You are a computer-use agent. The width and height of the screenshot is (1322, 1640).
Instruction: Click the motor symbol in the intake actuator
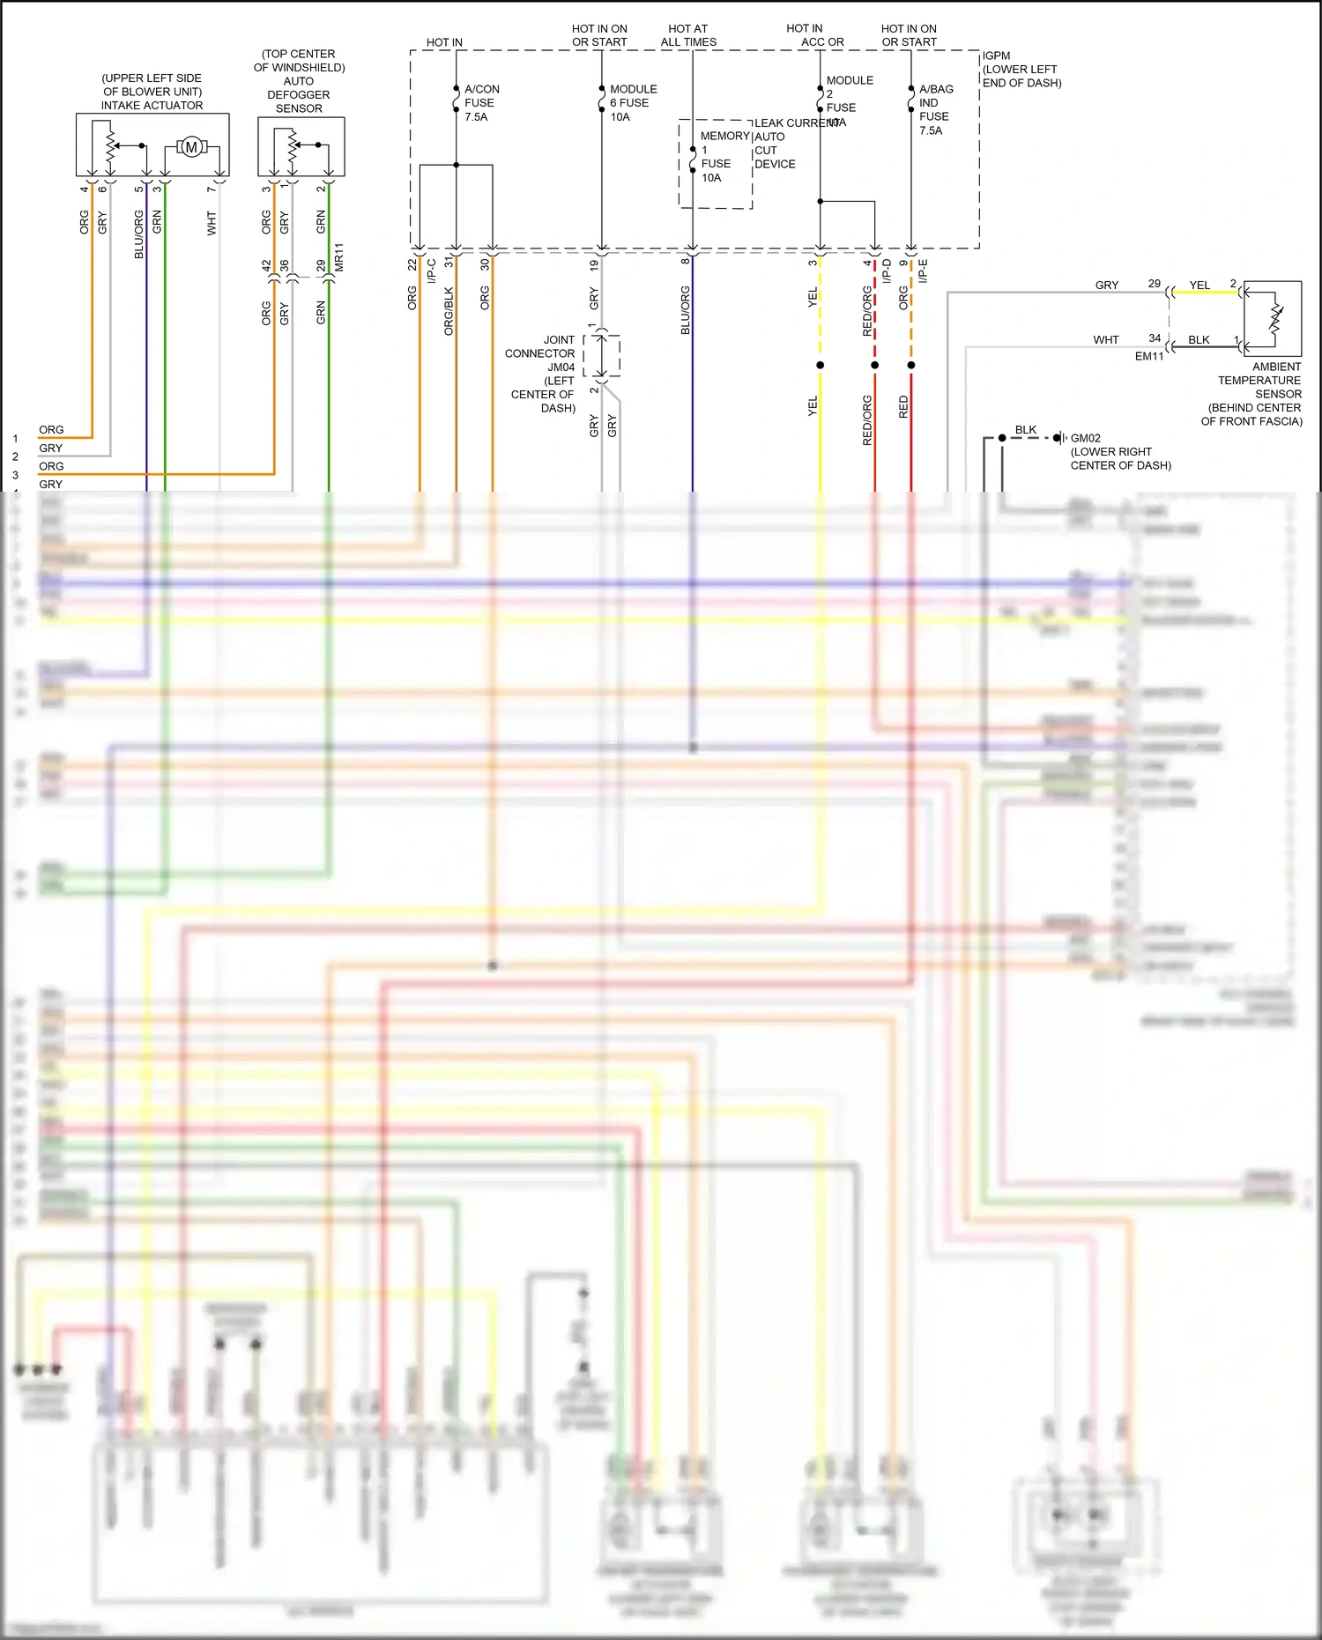pyautogui.click(x=191, y=147)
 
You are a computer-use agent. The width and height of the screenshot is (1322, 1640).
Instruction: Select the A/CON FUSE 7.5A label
pyautogui.click(x=481, y=103)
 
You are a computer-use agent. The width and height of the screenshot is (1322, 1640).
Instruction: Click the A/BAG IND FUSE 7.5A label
pyautogui.click(x=935, y=110)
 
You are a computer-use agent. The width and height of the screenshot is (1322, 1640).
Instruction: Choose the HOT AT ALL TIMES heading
pyautogui.click(x=688, y=35)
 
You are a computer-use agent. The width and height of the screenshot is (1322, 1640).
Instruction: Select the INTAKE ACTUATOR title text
pyautogui.click(x=152, y=105)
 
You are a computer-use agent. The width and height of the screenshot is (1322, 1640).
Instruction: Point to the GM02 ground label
pyautogui.click(x=1085, y=438)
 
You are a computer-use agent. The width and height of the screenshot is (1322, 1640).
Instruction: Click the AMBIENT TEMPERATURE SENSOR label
pyautogui.click(x=1259, y=381)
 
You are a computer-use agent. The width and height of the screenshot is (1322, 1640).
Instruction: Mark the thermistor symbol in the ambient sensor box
pyautogui.click(x=1275, y=315)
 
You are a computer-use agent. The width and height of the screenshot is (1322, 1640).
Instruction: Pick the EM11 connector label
pyautogui.click(x=1149, y=356)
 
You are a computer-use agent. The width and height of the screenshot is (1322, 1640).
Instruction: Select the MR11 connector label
pyautogui.click(x=339, y=257)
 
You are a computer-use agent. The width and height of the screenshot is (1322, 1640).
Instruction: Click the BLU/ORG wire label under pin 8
pyautogui.click(x=686, y=310)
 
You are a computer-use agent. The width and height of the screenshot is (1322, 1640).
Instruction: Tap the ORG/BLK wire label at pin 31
pyautogui.click(x=449, y=311)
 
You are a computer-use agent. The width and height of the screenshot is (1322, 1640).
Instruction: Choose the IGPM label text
pyautogui.click(x=997, y=56)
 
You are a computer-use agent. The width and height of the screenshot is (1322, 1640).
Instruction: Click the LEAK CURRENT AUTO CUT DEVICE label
pyautogui.click(x=776, y=144)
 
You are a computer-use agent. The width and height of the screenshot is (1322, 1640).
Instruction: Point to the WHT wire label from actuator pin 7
pyautogui.click(x=212, y=223)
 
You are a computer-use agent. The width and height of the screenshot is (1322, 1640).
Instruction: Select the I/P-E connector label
pyautogui.click(x=923, y=271)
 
